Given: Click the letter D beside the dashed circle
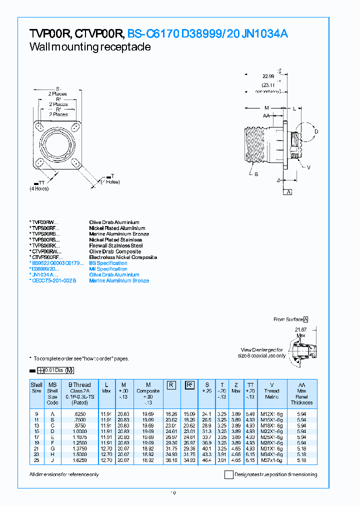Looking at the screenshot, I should tap(315, 132).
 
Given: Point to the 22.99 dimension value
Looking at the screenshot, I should tap(268, 76).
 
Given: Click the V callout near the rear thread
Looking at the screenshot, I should tap(308, 167).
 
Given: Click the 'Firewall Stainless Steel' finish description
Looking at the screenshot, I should tap(115, 245).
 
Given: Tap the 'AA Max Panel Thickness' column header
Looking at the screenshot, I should tap(301, 393).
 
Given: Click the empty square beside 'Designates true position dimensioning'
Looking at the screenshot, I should tap(228, 474).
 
